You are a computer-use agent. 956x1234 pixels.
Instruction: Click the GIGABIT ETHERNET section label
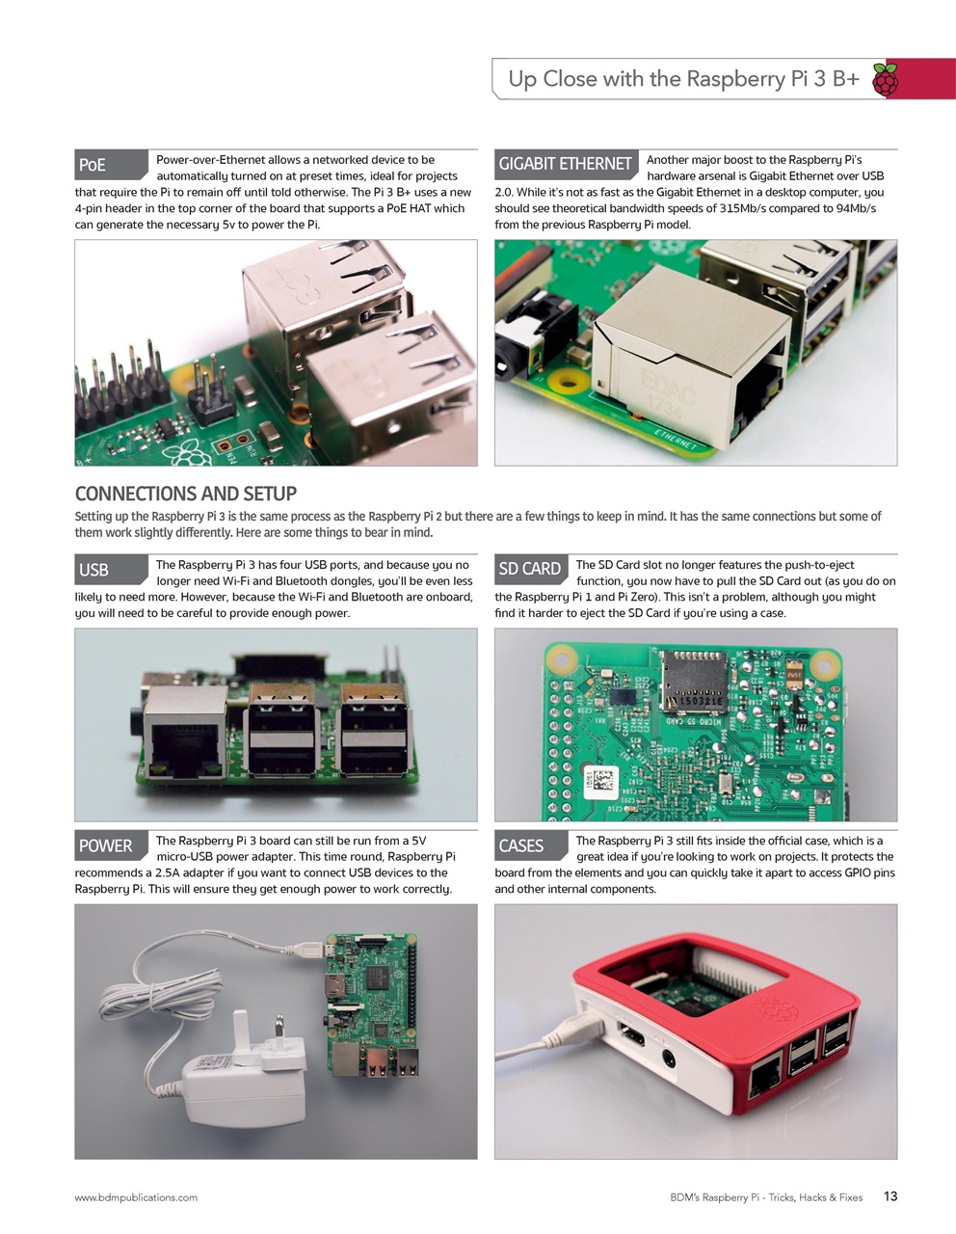pyautogui.click(x=565, y=164)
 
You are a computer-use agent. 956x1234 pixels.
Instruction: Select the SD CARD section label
pyautogui.click(x=530, y=569)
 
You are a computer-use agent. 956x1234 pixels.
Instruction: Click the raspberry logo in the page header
pyautogui.click(x=885, y=80)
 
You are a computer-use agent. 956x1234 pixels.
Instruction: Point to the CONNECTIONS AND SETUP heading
pyautogui.click(x=186, y=494)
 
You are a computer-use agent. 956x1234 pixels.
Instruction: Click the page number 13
pyautogui.click(x=890, y=1196)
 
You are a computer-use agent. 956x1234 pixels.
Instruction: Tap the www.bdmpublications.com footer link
pyautogui.click(x=136, y=1197)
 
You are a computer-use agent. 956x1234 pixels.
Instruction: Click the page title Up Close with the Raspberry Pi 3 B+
pyautogui.click(x=683, y=79)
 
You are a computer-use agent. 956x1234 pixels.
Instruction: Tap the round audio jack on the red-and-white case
pyautogui.click(x=667, y=1060)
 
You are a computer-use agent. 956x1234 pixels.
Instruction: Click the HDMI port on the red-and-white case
pyautogui.click(x=632, y=1038)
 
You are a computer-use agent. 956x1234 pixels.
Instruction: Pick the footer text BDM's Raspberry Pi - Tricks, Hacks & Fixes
pyautogui.click(x=766, y=1197)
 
